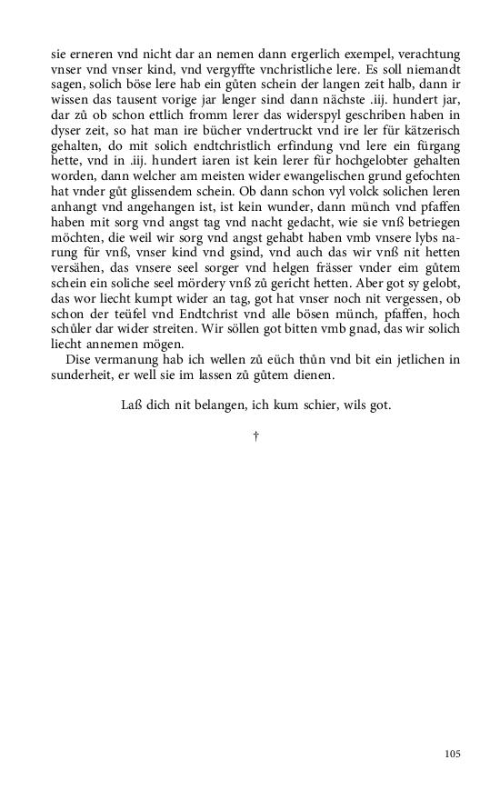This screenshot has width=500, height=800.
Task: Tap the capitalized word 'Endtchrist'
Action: coord(194,316)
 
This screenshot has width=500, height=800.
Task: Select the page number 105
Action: coord(454,754)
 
